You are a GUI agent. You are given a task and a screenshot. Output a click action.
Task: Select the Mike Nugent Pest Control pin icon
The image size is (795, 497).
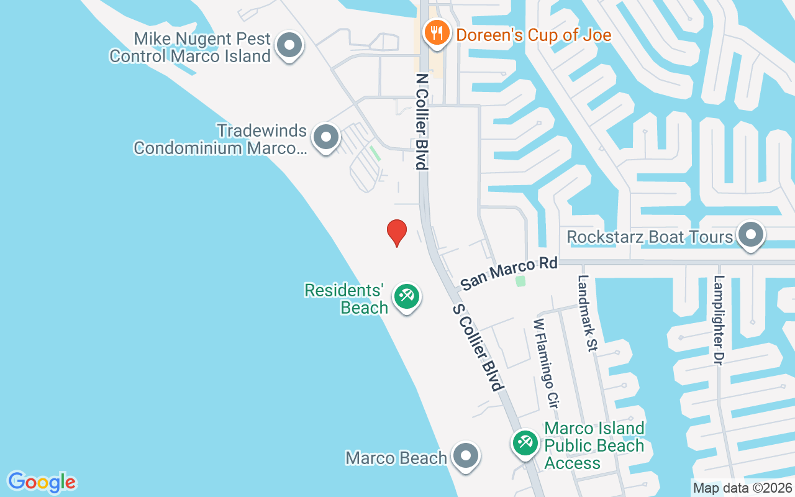coord(289,46)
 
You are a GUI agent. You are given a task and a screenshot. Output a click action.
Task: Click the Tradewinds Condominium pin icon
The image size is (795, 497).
coord(326,137)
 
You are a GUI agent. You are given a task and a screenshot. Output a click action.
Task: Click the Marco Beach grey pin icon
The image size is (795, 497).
coord(465,457)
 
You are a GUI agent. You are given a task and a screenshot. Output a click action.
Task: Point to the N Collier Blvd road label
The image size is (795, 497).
coord(422,122)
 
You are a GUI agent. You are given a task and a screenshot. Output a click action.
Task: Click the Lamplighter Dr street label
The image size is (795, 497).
coord(719,320)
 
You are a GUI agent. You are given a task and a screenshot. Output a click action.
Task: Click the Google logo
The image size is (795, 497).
coord(42,482)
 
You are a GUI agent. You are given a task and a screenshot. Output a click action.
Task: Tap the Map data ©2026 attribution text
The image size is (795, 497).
coord(742,488)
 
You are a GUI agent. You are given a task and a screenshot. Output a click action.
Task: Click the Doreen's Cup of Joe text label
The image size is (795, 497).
coord(534,34)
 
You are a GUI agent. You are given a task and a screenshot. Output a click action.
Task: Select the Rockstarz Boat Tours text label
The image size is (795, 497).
coord(650,237)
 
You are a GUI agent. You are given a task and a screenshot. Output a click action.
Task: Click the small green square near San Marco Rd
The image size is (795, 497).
coord(520,281)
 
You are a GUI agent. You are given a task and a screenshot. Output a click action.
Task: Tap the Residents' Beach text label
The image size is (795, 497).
coord(344,299)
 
